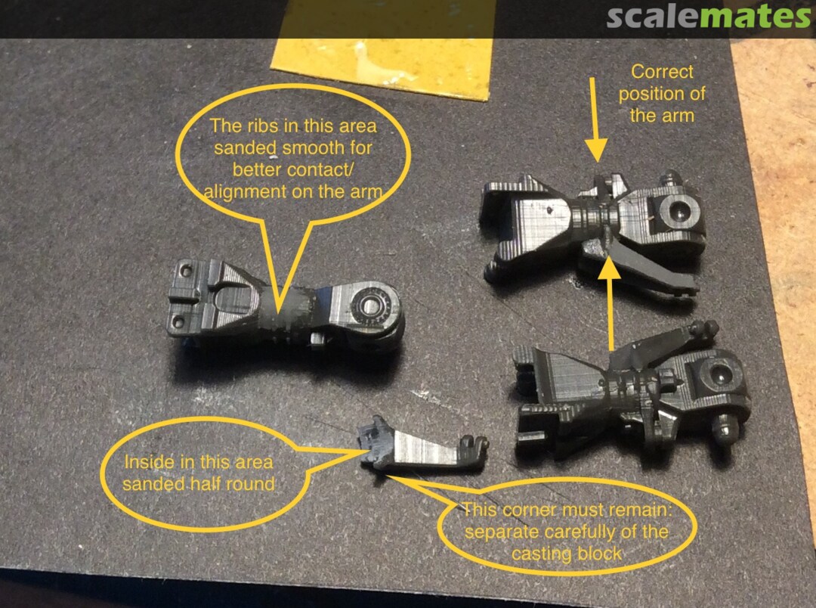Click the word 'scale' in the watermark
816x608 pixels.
pyautogui.click(x=653, y=17)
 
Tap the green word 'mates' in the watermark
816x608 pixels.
pyautogui.click(x=755, y=17)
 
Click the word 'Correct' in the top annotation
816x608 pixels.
pyautogui.click(x=662, y=72)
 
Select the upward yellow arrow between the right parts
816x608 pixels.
pyautogui.click(x=610, y=303)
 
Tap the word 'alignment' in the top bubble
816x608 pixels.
pyautogui.click(x=246, y=193)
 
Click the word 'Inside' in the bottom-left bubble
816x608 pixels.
pyautogui.click(x=141, y=462)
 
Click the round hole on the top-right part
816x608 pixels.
pyautogui.click(x=678, y=211)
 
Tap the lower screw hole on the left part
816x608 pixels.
pyautogui.click(x=178, y=322)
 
